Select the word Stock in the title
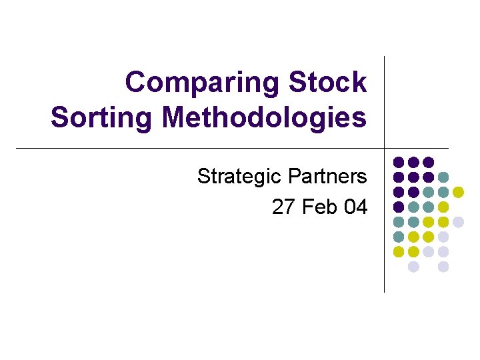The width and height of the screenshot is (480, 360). tap(327, 83)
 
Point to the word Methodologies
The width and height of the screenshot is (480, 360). tap(264, 118)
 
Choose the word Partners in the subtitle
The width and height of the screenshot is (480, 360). tap(327, 177)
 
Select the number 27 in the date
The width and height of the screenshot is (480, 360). tap(283, 207)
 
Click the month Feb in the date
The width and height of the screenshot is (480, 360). tap(320, 207)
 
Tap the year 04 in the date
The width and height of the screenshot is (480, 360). tap(355, 207)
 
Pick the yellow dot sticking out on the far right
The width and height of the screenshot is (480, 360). tap(458, 192)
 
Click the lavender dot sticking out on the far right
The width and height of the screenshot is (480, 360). tap(458, 222)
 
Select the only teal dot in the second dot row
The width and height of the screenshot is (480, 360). tap(443, 177)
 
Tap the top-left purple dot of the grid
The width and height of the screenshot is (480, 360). tap(399, 162)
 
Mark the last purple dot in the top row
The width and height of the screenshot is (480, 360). tap(429, 162)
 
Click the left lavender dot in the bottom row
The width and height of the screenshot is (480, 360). tap(413, 267)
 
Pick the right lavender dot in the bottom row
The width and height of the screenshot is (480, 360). tap(443, 267)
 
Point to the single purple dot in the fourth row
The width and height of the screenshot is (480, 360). tap(399, 207)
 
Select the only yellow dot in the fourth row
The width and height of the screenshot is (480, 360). tap(443, 207)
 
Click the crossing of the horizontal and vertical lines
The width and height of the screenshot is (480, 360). tap(385, 148)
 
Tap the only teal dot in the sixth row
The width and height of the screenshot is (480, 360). tap(399, 237)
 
